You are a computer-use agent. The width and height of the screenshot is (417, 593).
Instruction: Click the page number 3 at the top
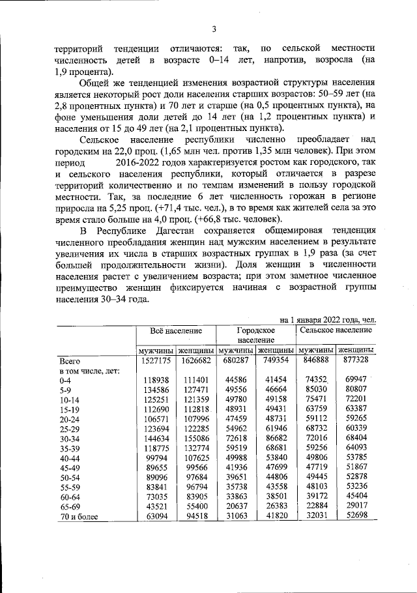[x=213, y=28]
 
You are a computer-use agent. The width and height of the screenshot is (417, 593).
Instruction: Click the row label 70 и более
[x=78, y=517]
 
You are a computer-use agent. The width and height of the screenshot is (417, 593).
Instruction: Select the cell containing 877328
[x=356, y=360]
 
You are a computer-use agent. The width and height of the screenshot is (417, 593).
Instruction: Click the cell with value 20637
[x=236, y=506]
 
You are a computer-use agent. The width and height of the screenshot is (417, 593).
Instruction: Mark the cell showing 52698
[x=357, y=517]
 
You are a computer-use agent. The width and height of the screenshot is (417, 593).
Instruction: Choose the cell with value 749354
[x=276, y=360]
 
